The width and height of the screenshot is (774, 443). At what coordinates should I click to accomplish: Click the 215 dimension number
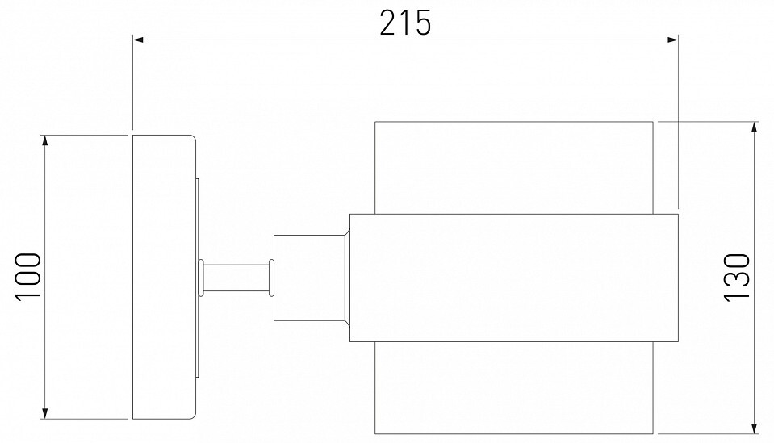405,23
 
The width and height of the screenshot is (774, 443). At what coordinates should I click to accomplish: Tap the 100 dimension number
28,276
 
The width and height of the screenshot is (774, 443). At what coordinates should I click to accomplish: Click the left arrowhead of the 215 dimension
138,40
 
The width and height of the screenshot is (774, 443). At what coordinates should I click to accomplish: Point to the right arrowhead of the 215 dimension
673,40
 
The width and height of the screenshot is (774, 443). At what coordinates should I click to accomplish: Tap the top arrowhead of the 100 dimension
45,140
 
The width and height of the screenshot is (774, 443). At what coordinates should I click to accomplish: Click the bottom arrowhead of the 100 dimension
45,413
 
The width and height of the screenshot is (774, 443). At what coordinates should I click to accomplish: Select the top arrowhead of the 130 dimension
755,127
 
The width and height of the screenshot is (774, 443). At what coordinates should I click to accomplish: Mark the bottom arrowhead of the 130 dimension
755,428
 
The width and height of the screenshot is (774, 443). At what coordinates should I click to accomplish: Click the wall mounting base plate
165,277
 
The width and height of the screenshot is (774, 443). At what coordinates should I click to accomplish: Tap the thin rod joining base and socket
236,278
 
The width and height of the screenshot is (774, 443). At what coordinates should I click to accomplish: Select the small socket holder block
309,278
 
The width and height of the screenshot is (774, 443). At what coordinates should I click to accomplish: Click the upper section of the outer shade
514,168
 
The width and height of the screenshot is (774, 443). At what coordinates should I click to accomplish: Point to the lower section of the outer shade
514,388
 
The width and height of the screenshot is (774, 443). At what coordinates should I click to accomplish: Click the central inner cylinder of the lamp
514,278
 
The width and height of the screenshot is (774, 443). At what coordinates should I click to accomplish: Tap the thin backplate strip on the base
198,278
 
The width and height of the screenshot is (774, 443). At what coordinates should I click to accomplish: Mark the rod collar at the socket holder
271,278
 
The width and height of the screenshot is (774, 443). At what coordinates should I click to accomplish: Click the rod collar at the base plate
201,278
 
